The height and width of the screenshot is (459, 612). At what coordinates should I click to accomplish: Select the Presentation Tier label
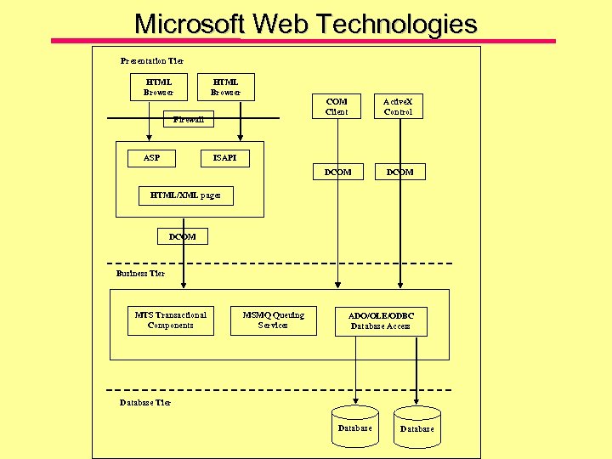point(151,61)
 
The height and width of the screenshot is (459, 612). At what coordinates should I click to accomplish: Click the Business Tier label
point(140,274)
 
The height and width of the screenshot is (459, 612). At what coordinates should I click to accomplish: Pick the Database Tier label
point(144,403)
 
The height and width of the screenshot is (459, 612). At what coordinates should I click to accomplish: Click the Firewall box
point(188,119)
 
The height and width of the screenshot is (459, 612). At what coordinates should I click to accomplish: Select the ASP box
point(151,157)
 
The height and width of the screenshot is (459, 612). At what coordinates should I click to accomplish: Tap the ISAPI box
point(224,157)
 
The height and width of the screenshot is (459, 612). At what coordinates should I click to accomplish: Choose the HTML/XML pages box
point(184,195)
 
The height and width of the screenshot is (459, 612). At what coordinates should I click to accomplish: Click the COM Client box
point(337,106)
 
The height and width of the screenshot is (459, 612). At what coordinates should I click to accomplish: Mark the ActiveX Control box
point(398,106)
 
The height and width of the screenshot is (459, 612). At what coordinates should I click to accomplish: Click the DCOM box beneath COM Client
point(337,172)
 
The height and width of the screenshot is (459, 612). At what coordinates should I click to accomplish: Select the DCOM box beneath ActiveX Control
point(399,172)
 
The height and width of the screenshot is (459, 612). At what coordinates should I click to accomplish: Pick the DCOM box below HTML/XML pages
point(182,236)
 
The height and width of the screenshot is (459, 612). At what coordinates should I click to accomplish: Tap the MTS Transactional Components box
point(170,320)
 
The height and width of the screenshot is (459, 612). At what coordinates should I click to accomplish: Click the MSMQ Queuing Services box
point(273,320)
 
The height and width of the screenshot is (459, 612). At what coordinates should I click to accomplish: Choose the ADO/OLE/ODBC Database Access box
point(381,321)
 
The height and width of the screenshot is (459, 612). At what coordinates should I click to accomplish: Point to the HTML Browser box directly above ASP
point(158,87)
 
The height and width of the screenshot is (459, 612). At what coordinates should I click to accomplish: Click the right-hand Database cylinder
point(416,428)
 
